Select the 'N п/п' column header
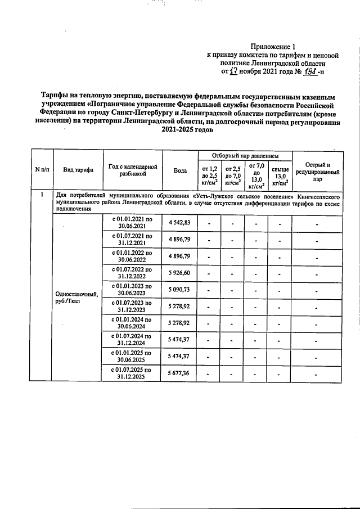click(40, 169)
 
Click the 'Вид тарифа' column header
click(78, 169)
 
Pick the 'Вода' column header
click(180, 170)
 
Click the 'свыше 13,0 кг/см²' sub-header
click(280, 175)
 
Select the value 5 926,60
click(180, 273)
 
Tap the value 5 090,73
click(180, 290)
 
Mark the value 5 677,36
click(180, 373)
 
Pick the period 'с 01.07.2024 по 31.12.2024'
click(132, 340)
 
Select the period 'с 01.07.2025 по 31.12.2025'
click(132, 373)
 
